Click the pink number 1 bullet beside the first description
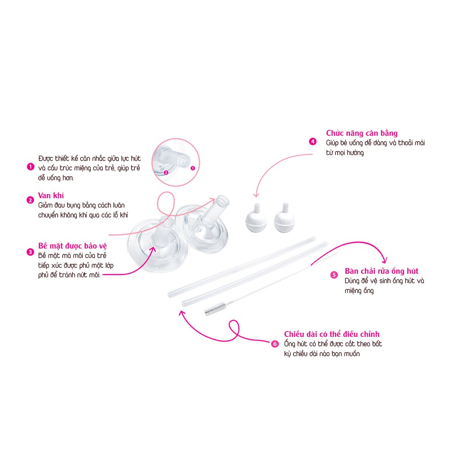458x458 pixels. click(30, 167)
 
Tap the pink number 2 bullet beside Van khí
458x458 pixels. click(30, 200)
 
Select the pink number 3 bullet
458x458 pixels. click(30, 252)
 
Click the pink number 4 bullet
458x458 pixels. click(313, 142)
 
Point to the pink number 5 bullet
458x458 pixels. click(334, 275)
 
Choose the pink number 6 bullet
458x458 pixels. click(275, 344)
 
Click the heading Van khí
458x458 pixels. click(51, 195)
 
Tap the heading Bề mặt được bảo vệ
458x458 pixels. click(72, 246)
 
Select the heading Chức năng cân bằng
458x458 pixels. click(362, 133)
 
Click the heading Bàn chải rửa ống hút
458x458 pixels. click(382, 271)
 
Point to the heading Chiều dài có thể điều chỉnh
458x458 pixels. click(332, 334)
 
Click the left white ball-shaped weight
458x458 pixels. click(256, 218)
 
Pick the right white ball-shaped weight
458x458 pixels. click(284, 218)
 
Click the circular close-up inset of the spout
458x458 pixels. click(175, 162)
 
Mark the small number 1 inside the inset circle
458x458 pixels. click(192, 168)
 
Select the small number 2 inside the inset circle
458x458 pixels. click(166, 173)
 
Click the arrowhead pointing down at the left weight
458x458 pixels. click(256, 195)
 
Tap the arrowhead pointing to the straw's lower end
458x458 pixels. click(182, 313)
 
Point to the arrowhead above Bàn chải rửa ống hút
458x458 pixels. click(385, 260)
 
